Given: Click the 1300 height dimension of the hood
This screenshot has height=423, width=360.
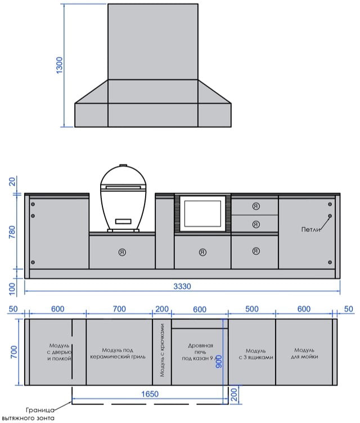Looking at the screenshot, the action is point(60,65).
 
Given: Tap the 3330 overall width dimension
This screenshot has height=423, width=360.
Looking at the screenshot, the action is point(182,286).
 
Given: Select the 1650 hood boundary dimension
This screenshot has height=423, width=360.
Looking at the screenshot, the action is point(150,394).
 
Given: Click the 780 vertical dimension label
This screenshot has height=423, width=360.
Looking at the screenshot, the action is point(12,232).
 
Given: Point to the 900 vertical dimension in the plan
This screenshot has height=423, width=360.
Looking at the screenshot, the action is point(219,362).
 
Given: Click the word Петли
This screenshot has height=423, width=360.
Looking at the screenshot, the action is point(310,229).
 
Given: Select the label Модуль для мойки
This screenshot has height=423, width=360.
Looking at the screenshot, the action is point(304,353).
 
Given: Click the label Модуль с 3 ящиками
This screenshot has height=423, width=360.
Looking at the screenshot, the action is point(256,354).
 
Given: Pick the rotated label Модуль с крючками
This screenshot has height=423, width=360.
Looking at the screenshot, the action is point(162,350).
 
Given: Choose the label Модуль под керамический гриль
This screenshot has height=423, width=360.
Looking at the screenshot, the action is point(118,353).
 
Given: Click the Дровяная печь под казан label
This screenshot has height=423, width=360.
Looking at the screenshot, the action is point(200,352).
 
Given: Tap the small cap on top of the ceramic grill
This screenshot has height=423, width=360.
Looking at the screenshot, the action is point(123,165).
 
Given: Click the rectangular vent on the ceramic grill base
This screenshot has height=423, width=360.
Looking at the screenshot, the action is point(123,222).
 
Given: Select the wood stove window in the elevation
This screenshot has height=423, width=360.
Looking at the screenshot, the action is point(202,213).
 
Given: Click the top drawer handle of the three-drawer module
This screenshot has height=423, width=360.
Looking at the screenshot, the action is point(256,206).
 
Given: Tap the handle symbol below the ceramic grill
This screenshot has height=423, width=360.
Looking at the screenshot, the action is point(122,252).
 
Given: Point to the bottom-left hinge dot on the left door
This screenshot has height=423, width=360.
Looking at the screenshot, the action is point(33,262).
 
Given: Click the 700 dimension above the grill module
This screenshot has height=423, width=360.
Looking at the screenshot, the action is point(119,309).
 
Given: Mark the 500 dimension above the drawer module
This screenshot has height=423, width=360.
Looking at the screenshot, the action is point(252,309).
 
